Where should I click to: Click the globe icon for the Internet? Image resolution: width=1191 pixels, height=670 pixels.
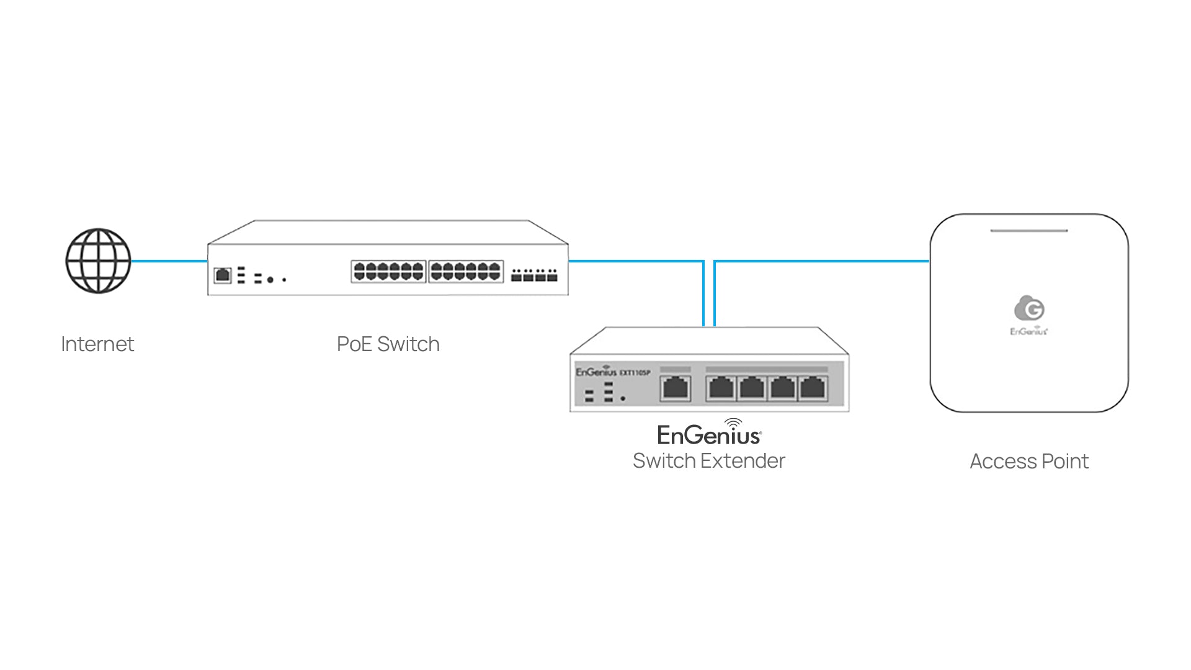[x=98, y=261]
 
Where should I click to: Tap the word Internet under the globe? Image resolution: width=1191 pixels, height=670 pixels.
[x=97, y=344]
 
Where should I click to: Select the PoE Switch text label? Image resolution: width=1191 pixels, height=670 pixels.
[x=388, y=344]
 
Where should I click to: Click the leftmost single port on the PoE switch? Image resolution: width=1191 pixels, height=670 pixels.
[x=223, y=275]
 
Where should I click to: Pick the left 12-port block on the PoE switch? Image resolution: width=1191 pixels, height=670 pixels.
[x=388, y=272]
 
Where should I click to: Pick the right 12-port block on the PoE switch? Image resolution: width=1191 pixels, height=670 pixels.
[x=465, y=272]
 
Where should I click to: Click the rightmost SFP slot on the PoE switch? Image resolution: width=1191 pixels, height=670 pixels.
[x=552, y=275]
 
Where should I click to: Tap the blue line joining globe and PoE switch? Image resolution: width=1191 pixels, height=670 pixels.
[x=169, y=261]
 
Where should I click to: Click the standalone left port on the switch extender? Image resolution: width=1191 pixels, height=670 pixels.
[x=676, y=388]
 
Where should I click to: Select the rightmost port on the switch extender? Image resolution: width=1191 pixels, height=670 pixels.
[x=812, y=388]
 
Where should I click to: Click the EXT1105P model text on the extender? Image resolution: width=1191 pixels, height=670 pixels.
[x=635, y=373]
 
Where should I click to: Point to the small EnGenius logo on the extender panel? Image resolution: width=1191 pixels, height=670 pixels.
[x=596, y=372]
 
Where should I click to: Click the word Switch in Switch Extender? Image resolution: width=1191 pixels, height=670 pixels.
[x=664, y=461]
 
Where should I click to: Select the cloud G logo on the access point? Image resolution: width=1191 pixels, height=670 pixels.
[x=1029, y=308]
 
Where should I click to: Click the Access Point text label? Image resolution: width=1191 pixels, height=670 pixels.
[x=1029, y=462]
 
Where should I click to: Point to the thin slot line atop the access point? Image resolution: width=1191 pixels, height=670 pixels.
[x=1028, y=231]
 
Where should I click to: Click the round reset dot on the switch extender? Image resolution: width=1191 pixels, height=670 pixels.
[x=623, y=398]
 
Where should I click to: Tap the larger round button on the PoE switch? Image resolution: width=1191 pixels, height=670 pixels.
[x=270, y=280]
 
